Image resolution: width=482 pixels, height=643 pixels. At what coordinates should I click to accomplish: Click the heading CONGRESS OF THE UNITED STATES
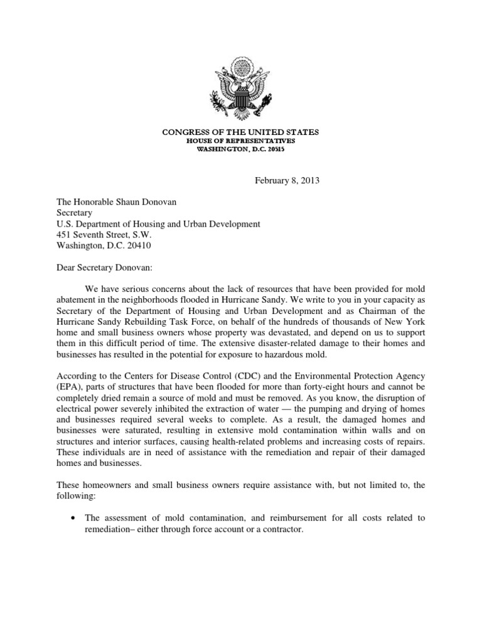(241, 132)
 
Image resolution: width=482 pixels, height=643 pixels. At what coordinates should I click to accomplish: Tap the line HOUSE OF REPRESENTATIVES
(241, 141)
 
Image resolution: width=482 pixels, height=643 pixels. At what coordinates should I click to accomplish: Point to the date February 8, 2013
(287, 181)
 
